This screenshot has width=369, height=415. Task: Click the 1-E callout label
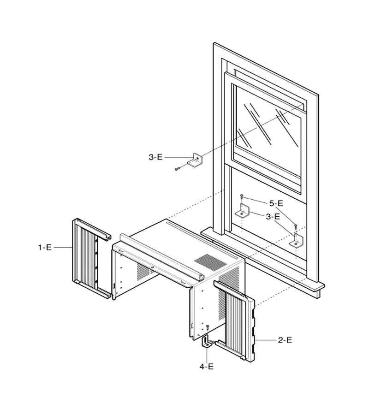[x=45, y=248]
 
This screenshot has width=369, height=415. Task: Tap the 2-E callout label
[x=285, y=340]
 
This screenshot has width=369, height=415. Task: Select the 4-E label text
[x=206, y=367]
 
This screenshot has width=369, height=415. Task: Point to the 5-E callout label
[x=276, y=203]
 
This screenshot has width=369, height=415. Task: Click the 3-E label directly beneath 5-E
[x=273, y=217]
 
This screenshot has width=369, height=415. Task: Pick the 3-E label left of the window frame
[x=155, y=157]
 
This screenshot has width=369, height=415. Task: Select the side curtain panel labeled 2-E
[x=234, y=320]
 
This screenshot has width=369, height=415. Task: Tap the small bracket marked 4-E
[x=207, y=342]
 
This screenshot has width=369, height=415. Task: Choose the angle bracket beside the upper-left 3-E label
[x=196, y=160]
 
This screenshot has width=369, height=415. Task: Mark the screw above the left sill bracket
[x=241, y=196]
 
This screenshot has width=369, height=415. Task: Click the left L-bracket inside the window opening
[x=243, y=211]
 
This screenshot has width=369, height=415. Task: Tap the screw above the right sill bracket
[x=296, y=227]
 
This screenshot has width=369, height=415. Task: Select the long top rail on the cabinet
[x=162, y=256]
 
